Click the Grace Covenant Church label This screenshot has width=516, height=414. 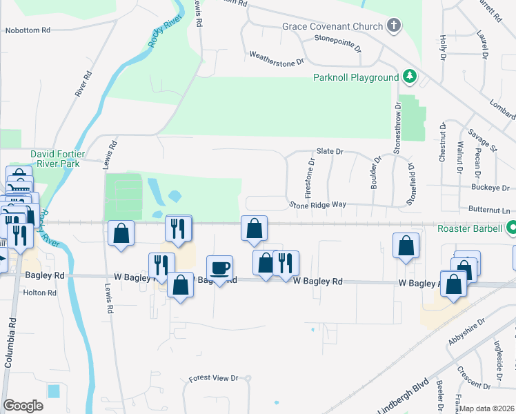[332, 27]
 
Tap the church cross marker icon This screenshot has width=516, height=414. [394, 27]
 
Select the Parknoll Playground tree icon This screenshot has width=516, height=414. [409, 75]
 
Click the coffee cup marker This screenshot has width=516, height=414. [220, 268]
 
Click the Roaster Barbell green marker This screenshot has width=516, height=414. [512, 227]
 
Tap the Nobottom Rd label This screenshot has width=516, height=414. [28, 30]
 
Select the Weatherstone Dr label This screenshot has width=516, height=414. [276, 57]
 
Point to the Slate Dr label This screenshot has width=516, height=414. [330, 151]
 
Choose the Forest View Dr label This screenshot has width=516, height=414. [213, 378]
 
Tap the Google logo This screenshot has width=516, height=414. [23, 406]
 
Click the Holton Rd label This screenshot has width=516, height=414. [39, 293]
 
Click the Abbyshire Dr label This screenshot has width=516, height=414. [466, 331]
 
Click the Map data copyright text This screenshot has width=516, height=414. [487, 408]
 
